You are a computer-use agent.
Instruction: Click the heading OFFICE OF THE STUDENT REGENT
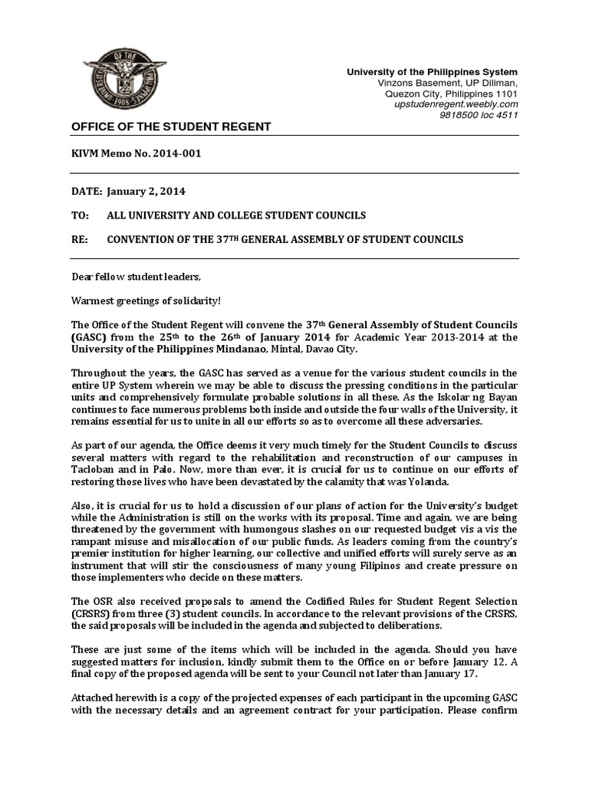[x=170, y=126]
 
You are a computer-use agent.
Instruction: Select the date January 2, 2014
[x=146, y=191]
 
